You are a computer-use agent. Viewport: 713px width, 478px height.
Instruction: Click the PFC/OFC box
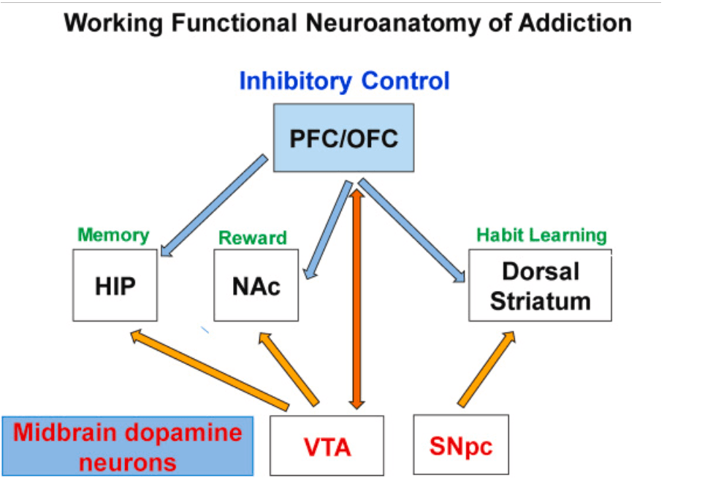(343, 137)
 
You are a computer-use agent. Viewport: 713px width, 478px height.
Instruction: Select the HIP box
(115, 285)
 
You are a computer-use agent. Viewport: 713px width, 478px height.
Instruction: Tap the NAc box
(256, 285)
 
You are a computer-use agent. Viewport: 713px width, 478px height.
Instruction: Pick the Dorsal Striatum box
(540, 285)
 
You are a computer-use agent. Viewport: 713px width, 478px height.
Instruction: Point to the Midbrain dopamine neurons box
(127, 446)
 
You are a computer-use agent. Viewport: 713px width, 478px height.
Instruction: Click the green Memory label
(113, 235)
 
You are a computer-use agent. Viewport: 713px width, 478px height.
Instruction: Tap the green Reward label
(253, 238)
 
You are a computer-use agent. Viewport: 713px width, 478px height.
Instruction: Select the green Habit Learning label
(541, 235)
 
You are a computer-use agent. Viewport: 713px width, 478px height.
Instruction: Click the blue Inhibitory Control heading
(345, 80)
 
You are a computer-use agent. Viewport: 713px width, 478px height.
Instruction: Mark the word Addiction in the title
(575, 23)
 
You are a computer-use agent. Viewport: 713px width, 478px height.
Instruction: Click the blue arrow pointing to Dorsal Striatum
(413, 230)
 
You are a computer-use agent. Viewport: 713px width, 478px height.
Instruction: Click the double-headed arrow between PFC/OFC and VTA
(356, 292)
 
